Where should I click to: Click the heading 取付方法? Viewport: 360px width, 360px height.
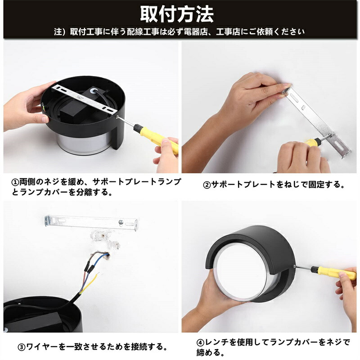pos(176,14)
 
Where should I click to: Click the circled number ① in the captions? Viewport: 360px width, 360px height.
pos(15,183)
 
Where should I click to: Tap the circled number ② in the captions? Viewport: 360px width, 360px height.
pos(207,185)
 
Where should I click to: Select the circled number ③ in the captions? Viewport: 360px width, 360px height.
pos(21,347)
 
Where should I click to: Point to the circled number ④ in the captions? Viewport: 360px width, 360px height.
pos(200,343)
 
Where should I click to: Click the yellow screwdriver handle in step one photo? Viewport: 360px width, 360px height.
pos(158,139)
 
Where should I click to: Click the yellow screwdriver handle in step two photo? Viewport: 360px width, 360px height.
pos(312,143)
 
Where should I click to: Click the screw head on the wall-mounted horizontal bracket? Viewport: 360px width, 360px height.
pos(121,222)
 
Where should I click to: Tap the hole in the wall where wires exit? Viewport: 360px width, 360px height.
pos(107,256)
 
